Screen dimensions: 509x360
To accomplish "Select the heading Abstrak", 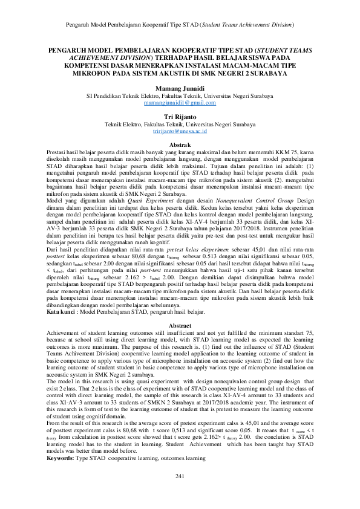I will point(180,146).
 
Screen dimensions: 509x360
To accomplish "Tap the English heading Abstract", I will point(180,325).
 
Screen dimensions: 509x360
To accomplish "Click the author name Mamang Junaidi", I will point(180,88).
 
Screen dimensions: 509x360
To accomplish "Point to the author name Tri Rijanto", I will point(180,116).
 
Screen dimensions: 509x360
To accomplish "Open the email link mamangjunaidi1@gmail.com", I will point(180,103).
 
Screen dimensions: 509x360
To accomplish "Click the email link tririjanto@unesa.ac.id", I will point(180,130).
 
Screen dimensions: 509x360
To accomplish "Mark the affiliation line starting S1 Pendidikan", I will point(180,96).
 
